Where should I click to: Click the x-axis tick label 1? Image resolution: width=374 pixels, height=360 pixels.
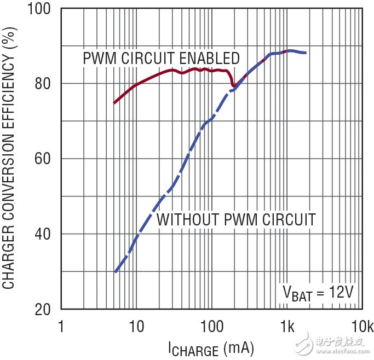pos(61,327)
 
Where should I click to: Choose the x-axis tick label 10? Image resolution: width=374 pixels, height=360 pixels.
pos(136,327)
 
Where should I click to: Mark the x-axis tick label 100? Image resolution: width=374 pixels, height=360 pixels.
pos(211,327)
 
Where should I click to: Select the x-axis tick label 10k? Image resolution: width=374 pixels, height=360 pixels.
pos(362,327)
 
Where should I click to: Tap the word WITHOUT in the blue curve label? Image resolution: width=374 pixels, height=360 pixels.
pos(186,220)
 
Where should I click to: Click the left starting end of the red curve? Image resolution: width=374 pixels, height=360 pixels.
pos(114,102)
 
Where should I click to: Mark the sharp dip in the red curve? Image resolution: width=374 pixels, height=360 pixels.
pos(233,86)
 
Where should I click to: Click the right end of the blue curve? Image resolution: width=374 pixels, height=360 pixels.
pos(306,53)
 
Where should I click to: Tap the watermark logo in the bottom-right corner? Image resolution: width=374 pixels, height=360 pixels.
pos(335,345)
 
